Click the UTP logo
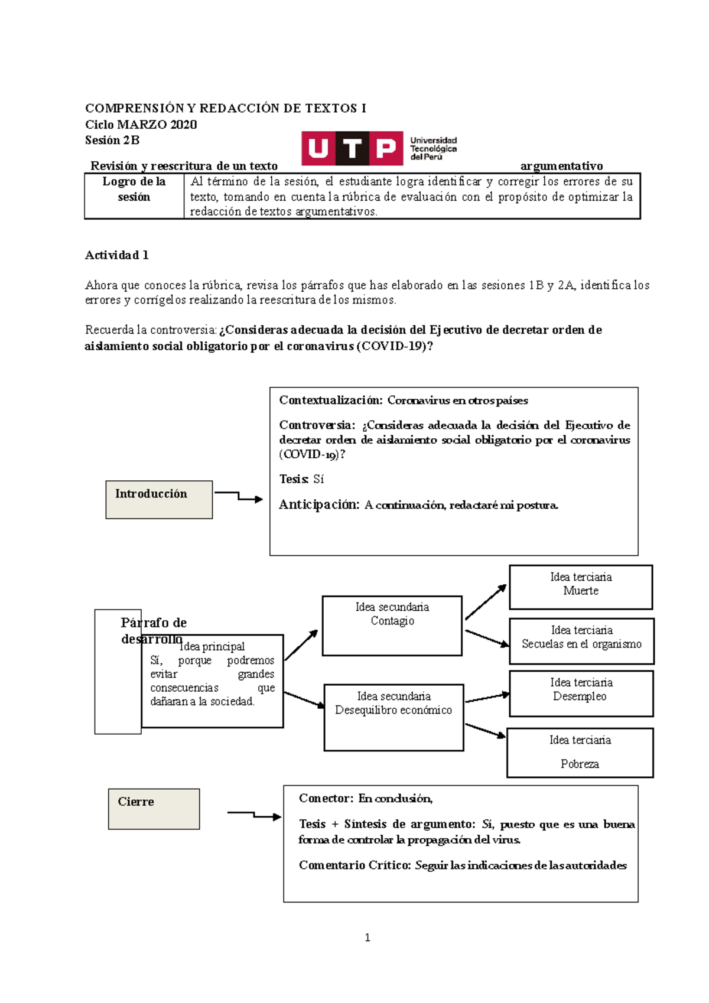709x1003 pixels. pyautogui.click(x=378, y=148)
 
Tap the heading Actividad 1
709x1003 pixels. pyautogui.click(x=117, y=255)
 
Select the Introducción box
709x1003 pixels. pyautogui.click(x=159, y=500)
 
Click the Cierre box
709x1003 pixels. pyautogui.click(x=154, y=809)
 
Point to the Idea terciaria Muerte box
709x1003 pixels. pyautogui.click(x=580, y=587)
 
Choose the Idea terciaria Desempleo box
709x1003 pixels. pyautogui.click(x=581, y=693)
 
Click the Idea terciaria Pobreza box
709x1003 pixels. pyautogui.click(x=580, y=753)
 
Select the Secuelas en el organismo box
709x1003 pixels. pyautogui.click(x=581, y=641)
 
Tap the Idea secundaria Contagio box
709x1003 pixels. pyautogui.click(x=392, y=626)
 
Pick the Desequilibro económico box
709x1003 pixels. pyautogui.click(x=393, y=717)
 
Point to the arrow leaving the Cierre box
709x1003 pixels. pyautogui.click(x=254, y=815)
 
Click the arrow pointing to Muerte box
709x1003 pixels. pyautogui.click(x=486, y=602)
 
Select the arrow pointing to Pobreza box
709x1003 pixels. pyautogui.click(x=485, y=731)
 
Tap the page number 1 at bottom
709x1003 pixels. pyautogui.click(x=367, y=937)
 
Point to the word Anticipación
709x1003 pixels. pyautogui.click(x=318, y=504)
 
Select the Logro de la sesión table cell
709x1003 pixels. pyautogui.click(x=134, y=196)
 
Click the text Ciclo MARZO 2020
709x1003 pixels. pyautogui.click(x=141, y=124)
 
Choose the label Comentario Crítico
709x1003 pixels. pyautogui.click(x=354, y=865)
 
